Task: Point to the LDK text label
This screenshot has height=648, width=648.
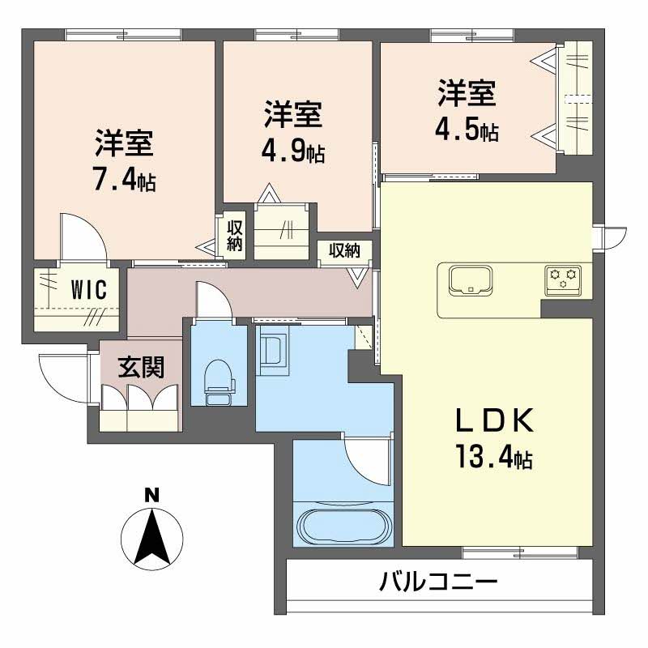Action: [x=493, y=422]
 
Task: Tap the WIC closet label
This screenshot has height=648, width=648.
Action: [x=88, y=290]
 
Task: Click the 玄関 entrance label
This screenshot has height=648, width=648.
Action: [x=141, y=368]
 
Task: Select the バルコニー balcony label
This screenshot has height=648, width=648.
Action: [x=437, y=582]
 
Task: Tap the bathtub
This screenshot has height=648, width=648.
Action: [x=343, y=526]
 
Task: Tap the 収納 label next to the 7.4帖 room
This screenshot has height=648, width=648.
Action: [x=235, y=234]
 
